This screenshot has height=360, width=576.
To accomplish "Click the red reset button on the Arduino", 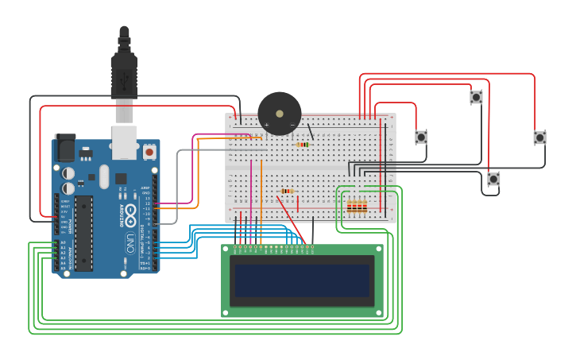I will click(149, 150).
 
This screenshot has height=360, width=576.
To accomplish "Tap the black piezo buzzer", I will click(280, 114).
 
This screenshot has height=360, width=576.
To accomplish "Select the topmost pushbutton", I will click(476, 97).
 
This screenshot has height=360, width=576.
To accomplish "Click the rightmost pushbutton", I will click(539, 137).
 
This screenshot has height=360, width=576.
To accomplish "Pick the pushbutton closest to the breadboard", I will click(421, 137).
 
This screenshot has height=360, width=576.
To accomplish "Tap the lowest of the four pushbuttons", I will click(493, 179).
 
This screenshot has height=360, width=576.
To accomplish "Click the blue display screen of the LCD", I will click(301, 281).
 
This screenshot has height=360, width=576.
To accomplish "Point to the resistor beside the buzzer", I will click(303, 145).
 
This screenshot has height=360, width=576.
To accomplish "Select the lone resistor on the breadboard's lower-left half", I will click(287, 191).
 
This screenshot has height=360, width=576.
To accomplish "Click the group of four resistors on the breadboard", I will click(357, 207).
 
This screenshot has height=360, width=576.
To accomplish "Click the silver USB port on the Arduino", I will click(124, 140).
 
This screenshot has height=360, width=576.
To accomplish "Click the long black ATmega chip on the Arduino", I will click(83, 233).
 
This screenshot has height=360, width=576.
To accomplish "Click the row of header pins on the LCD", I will click(273, 248).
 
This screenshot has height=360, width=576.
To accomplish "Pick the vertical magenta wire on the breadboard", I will click(251, 199).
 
